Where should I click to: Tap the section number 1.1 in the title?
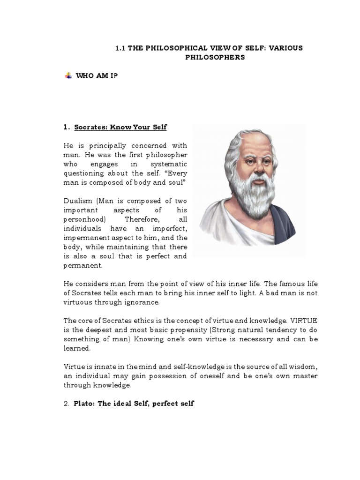pyautogui.click(x=120, y=48)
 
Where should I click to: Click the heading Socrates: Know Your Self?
pyautogui.click(x=115, y=127)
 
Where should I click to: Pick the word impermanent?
pyautogui.click(x=85, y=238)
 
